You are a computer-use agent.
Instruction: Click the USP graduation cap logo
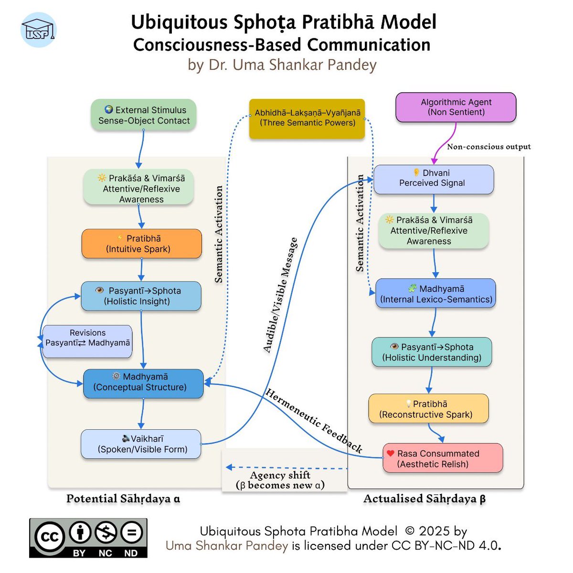39,30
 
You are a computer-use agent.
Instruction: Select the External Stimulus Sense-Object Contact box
144,116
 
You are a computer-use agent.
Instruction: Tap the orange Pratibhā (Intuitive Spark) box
141,244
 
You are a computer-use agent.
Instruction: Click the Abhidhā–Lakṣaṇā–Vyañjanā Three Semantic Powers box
307,118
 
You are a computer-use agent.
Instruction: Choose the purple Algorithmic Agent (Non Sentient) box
456,107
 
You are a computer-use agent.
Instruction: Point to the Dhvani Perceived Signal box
433,179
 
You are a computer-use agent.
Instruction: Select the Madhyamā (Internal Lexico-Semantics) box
435,294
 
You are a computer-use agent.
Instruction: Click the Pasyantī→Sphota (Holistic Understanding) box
432,352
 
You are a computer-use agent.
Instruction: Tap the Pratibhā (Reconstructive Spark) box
428,409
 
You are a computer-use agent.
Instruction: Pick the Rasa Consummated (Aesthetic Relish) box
443,458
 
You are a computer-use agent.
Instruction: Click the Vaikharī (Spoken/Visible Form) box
141,444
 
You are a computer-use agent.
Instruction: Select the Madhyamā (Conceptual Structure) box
143,382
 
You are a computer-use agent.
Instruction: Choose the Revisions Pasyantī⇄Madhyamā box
87,338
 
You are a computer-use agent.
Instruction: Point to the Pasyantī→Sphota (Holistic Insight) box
141,296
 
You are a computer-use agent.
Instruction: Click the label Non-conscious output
488,147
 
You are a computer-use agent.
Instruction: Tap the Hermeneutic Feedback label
314,421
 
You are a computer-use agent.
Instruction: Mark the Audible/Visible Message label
281,295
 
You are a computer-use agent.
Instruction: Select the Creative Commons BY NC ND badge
88,538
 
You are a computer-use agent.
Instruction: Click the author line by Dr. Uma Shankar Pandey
282,64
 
